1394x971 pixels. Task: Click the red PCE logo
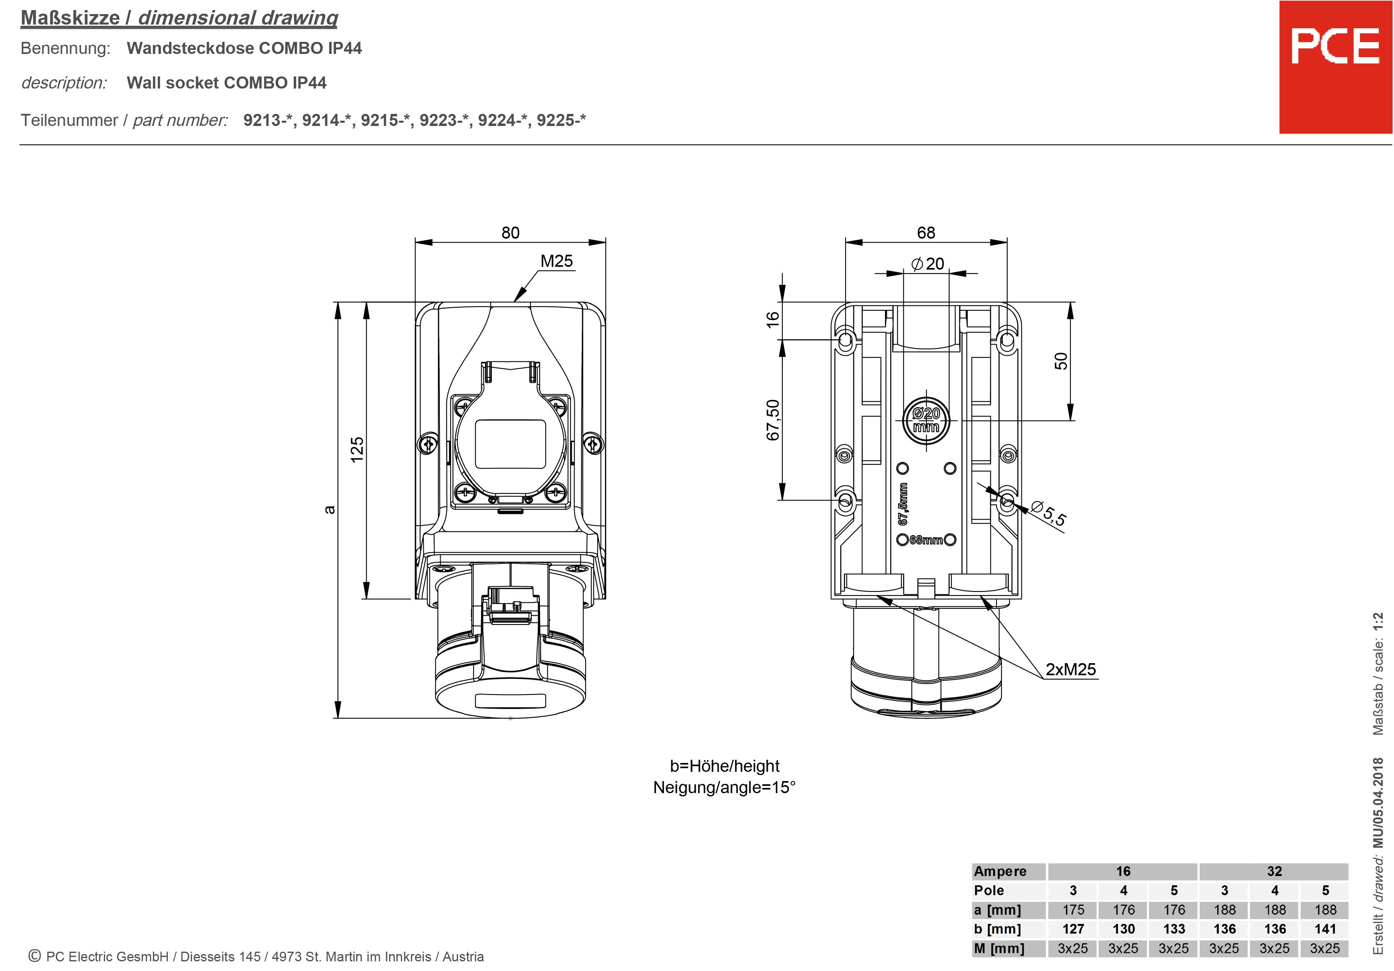1335,67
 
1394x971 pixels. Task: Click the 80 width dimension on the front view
510,233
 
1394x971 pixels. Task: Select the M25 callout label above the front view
556,261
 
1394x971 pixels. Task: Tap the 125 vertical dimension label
357,449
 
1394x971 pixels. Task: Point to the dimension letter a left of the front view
329,509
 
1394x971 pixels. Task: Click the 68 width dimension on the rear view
926,233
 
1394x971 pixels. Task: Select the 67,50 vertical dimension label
772,420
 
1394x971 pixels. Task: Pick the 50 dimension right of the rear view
1061,361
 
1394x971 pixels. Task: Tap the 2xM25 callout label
1070,669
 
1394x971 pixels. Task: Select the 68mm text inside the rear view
926,540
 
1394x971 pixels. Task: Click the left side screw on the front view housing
427,445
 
